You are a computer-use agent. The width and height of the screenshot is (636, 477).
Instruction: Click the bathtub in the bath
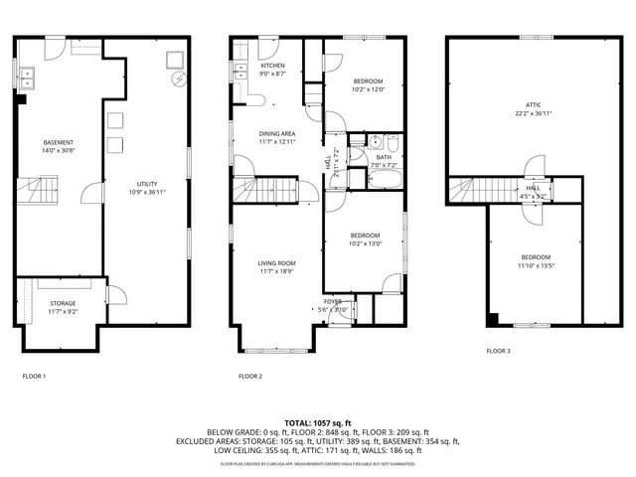pos(384,181)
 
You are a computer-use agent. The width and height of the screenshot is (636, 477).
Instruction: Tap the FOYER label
pos(332,300)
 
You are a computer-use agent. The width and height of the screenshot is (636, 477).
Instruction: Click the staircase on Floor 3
pos(469,189)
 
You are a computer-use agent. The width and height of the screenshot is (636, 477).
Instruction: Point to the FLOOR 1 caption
pos(34,377)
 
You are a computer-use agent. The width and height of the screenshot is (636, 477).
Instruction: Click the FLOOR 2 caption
pos(250,377)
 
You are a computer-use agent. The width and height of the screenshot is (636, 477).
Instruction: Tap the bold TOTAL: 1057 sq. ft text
pos(318,423)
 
